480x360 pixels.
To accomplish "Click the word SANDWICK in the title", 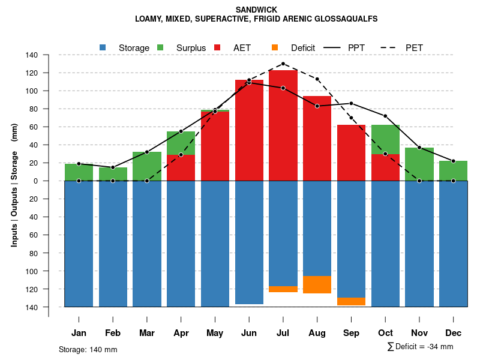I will (256, 10).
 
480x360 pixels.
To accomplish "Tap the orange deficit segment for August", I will (317, 284).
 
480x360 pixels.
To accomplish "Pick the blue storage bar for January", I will (79, 244).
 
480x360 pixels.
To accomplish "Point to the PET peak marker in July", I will (283, 64).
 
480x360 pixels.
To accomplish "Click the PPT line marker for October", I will (385, 116).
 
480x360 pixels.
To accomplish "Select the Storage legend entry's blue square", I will (103, 47).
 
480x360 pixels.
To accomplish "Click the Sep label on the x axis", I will (352, 333).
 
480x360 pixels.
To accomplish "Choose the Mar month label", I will (147, 333).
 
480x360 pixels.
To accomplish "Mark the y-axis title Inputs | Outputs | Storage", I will (14, 181).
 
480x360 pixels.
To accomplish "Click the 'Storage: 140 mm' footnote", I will (88, 349).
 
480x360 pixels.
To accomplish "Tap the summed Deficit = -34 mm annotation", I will (420, 346).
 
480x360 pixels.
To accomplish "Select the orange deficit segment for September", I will (352, 301).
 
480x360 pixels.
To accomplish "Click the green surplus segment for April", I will (181, 143).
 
